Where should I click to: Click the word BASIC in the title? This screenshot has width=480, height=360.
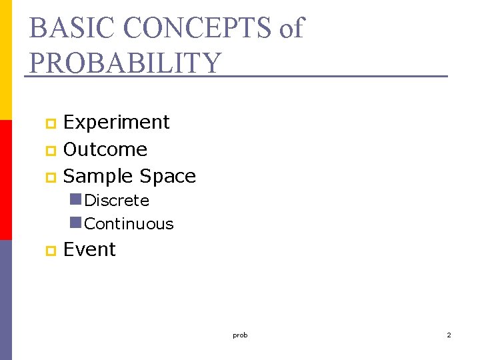(x=65, y=28)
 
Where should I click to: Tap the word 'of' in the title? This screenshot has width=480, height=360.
(x=291, y=28)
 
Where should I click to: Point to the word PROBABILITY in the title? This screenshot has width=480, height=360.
(x=125, y=63)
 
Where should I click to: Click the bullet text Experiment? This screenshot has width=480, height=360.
(x=117, y=123)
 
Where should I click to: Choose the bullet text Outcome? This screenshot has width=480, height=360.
(x=105, y=149)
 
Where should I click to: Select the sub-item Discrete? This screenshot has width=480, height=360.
(x=117, y=201)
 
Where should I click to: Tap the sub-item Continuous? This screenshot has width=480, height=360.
(x=129, y=224)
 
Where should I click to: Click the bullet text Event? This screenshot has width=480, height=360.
(x=89, y=249)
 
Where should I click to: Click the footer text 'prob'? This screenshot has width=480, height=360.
(x=240, y=335)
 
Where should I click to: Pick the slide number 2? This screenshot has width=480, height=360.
(x=449, y=335)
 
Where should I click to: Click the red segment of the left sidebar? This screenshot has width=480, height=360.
(x=5, y=180)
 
